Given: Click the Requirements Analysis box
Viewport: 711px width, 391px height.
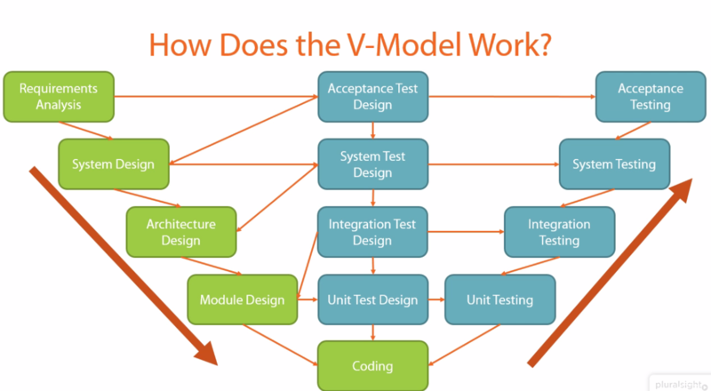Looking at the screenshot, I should [59, 96].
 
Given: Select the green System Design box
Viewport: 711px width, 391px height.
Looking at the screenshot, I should [113, 164].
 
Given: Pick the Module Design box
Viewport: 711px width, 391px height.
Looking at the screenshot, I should [242, 299].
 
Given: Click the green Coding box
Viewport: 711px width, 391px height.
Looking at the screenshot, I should [371, 365].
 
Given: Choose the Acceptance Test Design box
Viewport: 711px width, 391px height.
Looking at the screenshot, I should [372, 96].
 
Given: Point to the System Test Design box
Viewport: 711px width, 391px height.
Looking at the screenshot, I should [372, 164].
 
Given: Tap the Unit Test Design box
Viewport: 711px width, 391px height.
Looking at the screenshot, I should [372, 299].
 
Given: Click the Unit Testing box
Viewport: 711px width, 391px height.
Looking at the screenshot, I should [499, 299].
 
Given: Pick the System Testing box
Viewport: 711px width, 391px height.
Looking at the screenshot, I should [614, 164].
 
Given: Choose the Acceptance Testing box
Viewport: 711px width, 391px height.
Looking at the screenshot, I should [651, 96].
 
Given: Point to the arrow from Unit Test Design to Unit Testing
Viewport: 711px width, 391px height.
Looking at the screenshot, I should [436, 299].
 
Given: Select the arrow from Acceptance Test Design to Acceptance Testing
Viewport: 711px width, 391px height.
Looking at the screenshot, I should [511, 96].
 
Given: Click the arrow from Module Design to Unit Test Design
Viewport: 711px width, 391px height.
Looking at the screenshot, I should [308, 299].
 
